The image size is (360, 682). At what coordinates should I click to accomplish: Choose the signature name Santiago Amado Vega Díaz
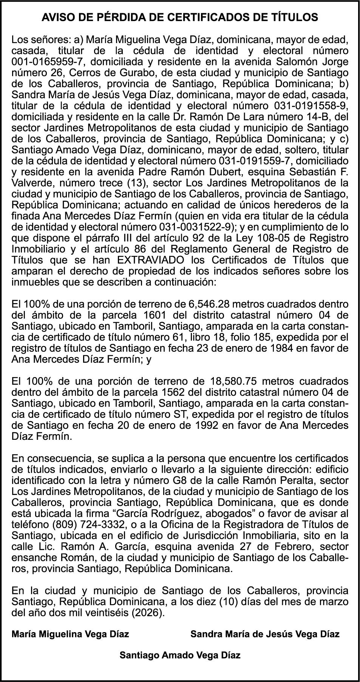[x=180, y=655]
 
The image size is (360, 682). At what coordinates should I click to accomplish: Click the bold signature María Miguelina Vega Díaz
[x=70, y=634]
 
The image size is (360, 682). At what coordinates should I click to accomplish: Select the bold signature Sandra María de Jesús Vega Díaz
[x=265, y=634]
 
